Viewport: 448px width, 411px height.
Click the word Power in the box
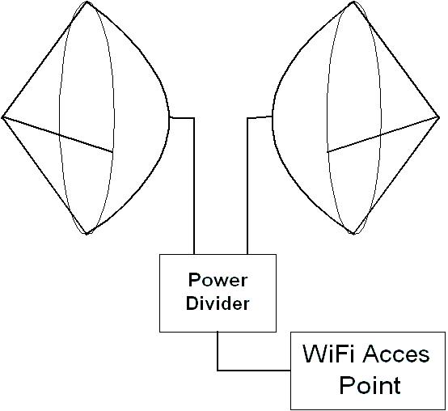click(218, 281)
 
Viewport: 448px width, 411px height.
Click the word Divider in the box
click(218, 303)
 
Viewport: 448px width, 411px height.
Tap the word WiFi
click(328, 354)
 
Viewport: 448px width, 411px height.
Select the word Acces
click(396, 354)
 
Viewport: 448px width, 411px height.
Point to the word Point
click(370, 384)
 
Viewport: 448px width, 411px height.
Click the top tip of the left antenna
click(87, 2)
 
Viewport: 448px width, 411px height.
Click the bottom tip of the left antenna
click(87, 234)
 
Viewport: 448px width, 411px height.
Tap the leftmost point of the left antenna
click(2, 117)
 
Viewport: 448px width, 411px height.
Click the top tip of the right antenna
click(353, 2)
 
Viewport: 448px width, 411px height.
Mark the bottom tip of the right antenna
click(353, 234)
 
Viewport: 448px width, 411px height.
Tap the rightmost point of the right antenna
click(439, 117)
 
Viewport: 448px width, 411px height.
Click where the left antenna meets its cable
click(170, 117)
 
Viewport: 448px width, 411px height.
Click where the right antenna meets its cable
click(273, 117)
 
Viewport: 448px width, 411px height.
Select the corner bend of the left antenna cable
click(194, 118)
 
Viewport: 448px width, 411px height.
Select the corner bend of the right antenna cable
click(247, 118)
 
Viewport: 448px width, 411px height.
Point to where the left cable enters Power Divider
click(194, 254)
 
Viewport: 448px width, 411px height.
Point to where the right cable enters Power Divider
click(247, 254)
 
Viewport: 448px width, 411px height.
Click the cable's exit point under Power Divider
click(218, 332)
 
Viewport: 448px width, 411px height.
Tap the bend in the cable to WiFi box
click(218, 371)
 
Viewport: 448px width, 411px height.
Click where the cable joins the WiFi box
click(291, 371)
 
